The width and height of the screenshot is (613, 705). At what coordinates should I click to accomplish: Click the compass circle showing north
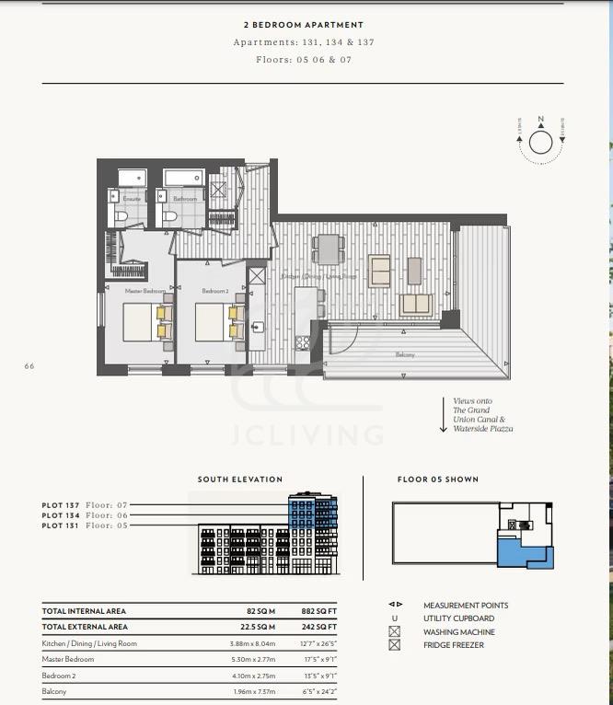point(540,143)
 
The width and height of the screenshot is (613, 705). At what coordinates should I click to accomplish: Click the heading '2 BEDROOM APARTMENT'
point(303,25)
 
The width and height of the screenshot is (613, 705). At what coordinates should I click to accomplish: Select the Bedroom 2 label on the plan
point(215,291)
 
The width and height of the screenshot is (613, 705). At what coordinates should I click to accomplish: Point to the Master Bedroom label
point(145,291)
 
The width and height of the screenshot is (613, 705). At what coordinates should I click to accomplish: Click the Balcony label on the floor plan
point(405,354)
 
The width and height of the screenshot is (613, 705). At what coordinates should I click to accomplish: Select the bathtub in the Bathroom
point(184,177)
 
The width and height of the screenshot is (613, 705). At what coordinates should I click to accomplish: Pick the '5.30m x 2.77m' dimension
point(253,659)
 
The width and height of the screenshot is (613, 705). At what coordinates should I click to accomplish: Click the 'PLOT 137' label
point(60,505)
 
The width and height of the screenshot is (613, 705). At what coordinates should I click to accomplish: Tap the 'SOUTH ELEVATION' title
point(240,480)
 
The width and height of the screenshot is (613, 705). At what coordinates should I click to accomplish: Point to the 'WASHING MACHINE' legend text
point(458,632)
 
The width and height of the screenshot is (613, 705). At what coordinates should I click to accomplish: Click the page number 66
point(29,365)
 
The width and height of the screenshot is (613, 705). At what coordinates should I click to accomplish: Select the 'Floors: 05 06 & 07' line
point(304,60)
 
